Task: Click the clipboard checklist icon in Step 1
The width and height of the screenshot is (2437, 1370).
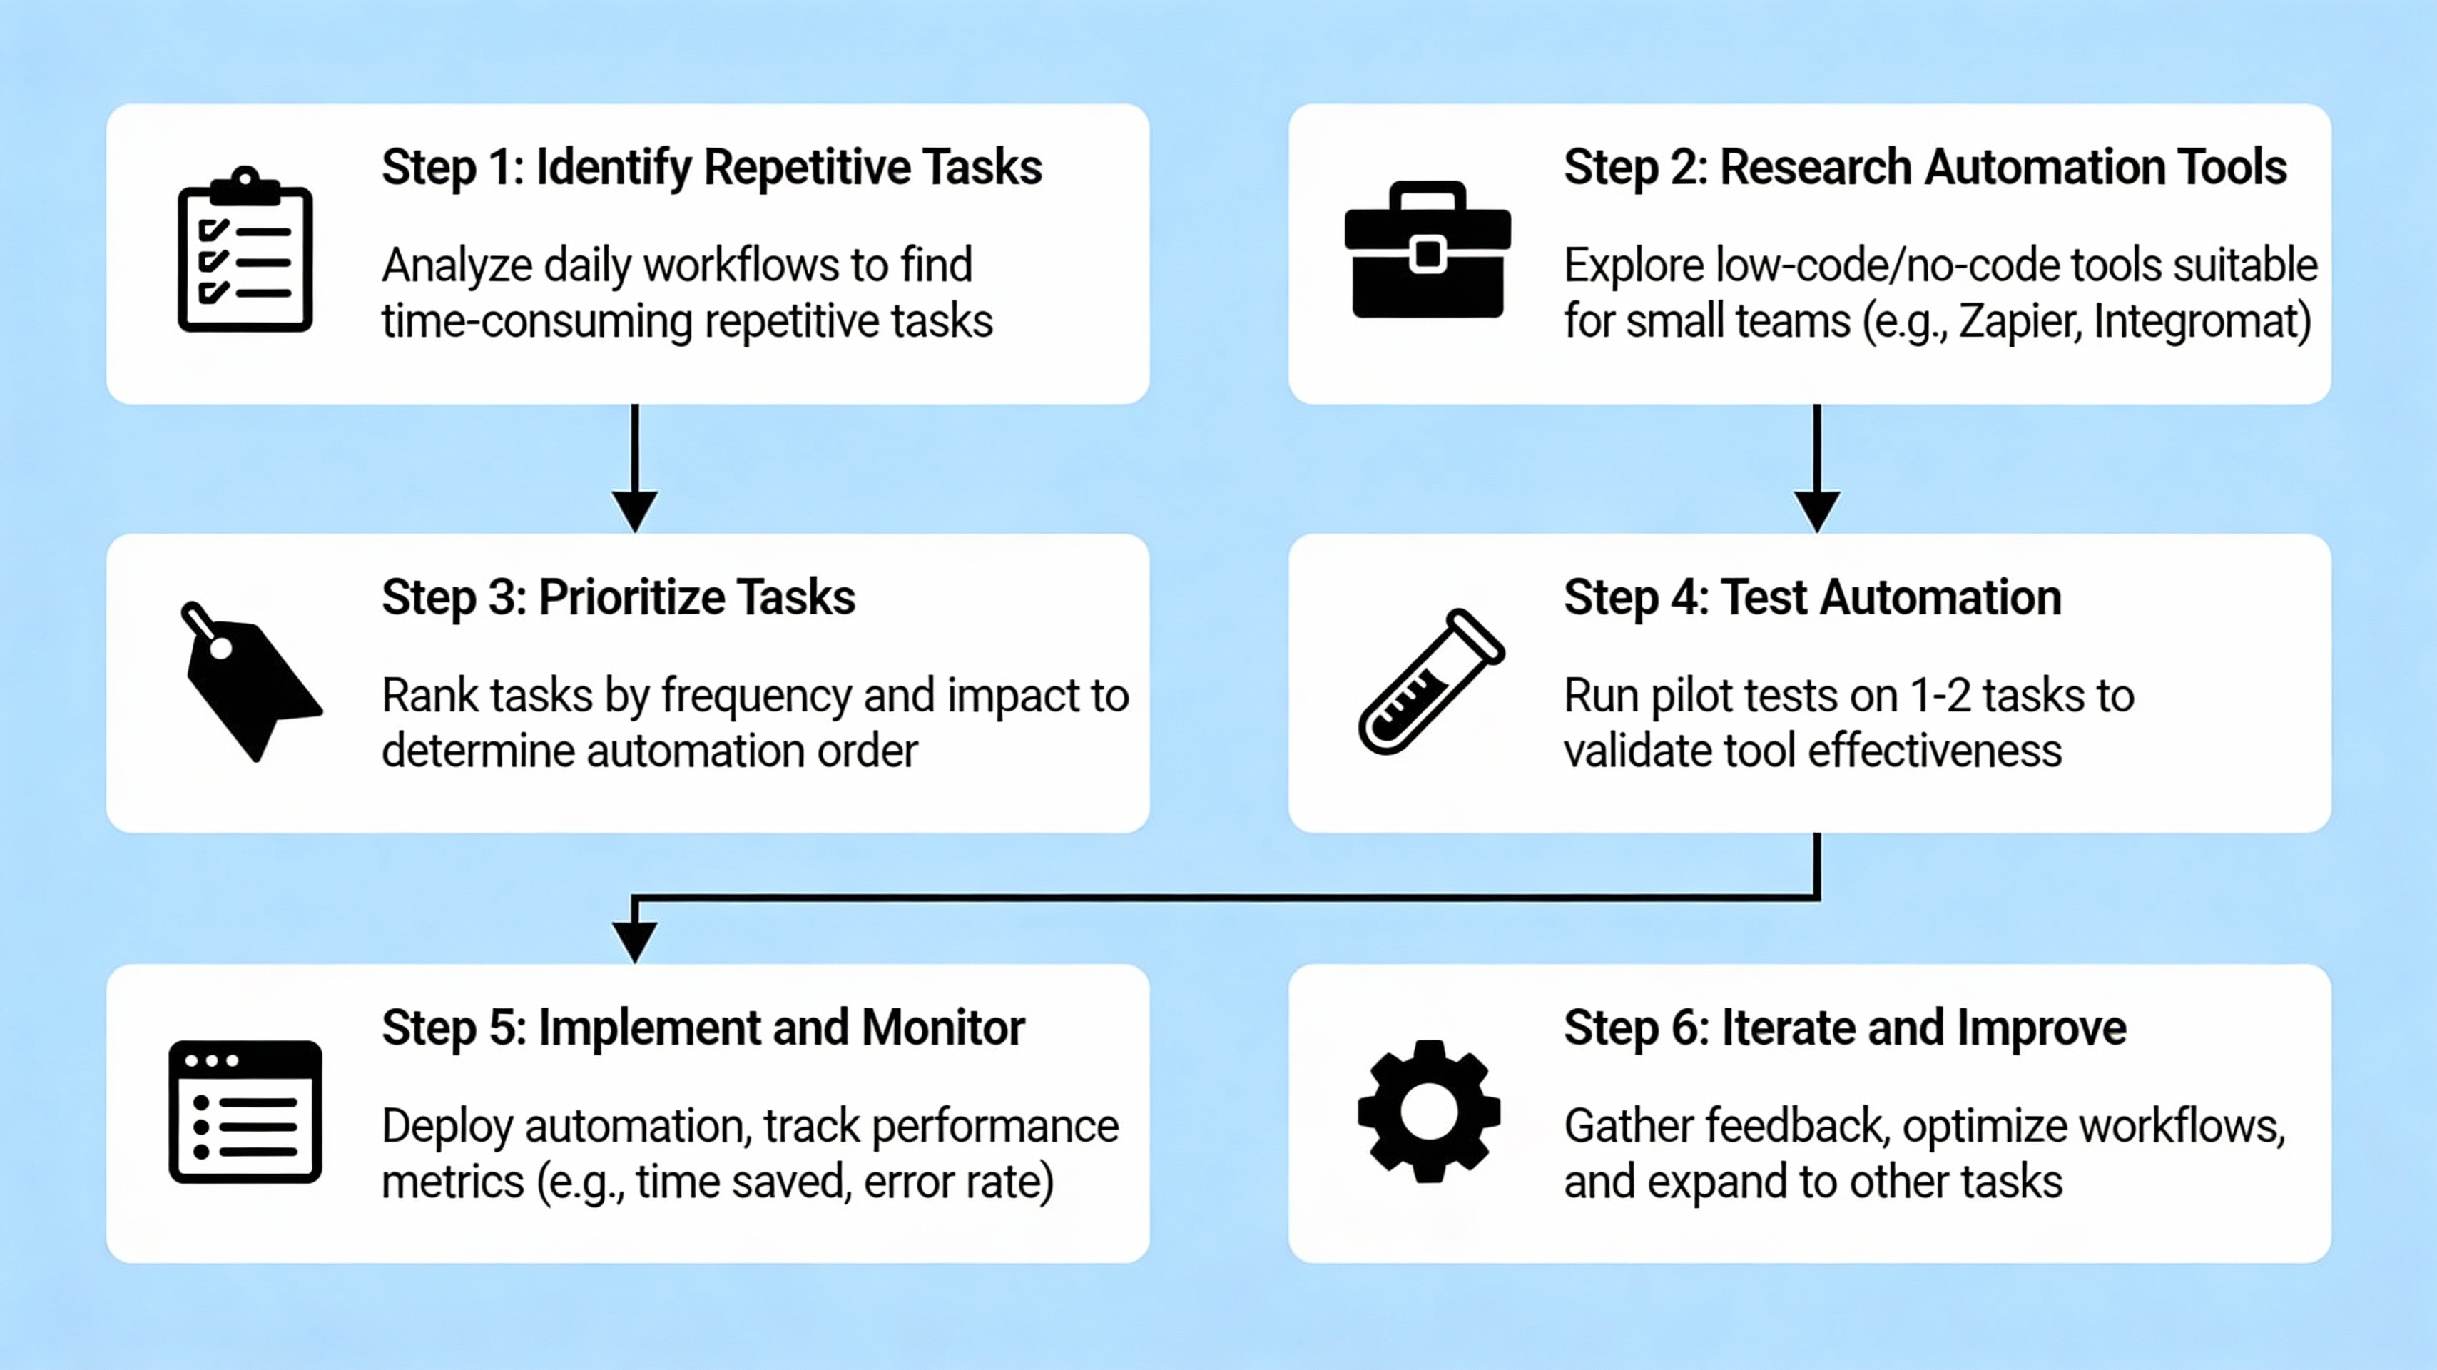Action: [245, 250]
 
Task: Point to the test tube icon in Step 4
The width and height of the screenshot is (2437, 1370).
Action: [1430, 682]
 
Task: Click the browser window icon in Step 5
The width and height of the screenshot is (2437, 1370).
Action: [245, 1112]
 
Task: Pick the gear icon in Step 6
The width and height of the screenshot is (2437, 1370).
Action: [1428, 1112]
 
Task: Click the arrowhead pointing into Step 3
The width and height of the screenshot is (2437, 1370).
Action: [635, 511]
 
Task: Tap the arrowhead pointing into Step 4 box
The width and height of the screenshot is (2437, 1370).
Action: [1816, 511]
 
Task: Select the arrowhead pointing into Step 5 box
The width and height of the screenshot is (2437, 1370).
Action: [635, 941]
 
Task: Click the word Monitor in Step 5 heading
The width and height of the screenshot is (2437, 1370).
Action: [942, 1028]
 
